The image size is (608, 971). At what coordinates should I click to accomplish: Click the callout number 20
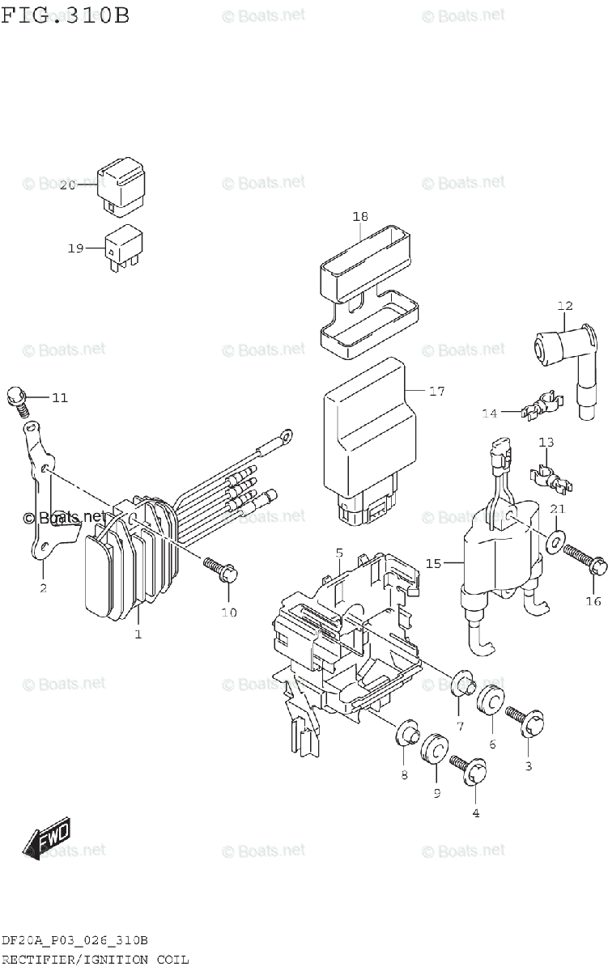(x=67, y=185)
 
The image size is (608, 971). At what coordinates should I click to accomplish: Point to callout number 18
(x=360, y=216)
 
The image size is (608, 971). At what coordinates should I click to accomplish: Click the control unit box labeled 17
(x=368, y=437)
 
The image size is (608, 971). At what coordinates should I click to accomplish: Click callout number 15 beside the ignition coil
(x=434, y=563)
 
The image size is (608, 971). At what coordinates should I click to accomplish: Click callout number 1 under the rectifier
(x=138, y=634)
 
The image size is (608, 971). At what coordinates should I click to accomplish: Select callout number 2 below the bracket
(x=43, y=588)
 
